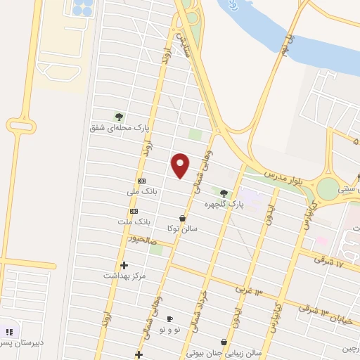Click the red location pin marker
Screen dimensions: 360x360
pos(181,165)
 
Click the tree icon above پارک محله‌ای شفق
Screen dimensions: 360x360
pos(119,117)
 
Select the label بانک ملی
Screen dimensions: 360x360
pos(142,191)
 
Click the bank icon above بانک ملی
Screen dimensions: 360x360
pos(142,180)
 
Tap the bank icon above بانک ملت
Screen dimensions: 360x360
pos(134,211)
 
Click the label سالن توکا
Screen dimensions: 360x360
pos(182,229)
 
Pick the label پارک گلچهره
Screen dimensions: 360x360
pos(224,204)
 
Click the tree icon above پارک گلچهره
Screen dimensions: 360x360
pos(224,193)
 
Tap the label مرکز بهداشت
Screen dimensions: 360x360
pos(124,276)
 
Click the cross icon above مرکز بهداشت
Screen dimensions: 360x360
pos(124,265)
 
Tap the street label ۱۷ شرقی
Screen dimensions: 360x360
pos(329,264)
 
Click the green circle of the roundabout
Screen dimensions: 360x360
pos(327,188)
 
